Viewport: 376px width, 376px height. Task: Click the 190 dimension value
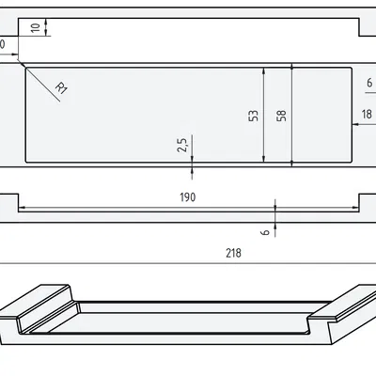[x=186, y=197]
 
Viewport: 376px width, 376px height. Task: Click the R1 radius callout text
[x=62, y=89]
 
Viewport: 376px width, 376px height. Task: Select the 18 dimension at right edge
[x=367, y=115]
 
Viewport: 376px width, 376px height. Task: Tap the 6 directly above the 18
[x=368, y=84]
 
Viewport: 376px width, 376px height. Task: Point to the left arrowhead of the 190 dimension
[x=23, y=209]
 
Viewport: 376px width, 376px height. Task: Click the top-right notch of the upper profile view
[x=361, y=27]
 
